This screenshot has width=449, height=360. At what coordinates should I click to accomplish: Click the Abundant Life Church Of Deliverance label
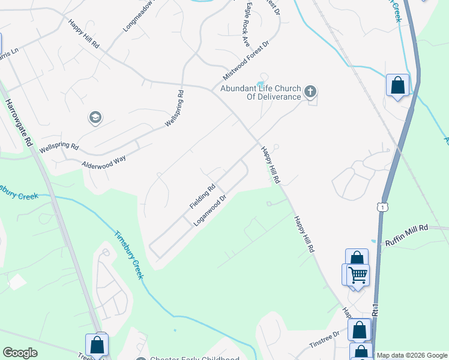(x=261, y=92)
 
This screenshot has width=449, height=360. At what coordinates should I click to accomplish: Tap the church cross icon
(x=310, y=92)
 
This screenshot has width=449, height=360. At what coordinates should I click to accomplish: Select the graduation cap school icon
(x=95, y=118)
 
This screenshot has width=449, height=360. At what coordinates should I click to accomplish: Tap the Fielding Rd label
(x=202, y=196)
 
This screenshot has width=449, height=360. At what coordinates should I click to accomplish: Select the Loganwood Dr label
(x=210, y=209)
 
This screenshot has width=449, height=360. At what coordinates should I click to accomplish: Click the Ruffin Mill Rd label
(x=406, y=229)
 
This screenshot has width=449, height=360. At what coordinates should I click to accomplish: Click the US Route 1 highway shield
(x=382, y=206)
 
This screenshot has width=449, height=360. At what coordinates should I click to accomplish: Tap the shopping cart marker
(x=358, y=275)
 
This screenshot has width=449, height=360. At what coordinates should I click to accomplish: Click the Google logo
(x=20, y=353)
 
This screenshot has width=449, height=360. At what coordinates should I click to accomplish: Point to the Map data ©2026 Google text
(x=412, y=355)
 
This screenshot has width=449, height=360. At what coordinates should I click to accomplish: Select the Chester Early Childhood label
(x=195, y=358)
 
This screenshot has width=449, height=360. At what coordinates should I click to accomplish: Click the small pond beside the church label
(x=260, y=83)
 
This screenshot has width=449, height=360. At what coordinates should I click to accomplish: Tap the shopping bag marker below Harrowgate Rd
(x=97, y=345)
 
